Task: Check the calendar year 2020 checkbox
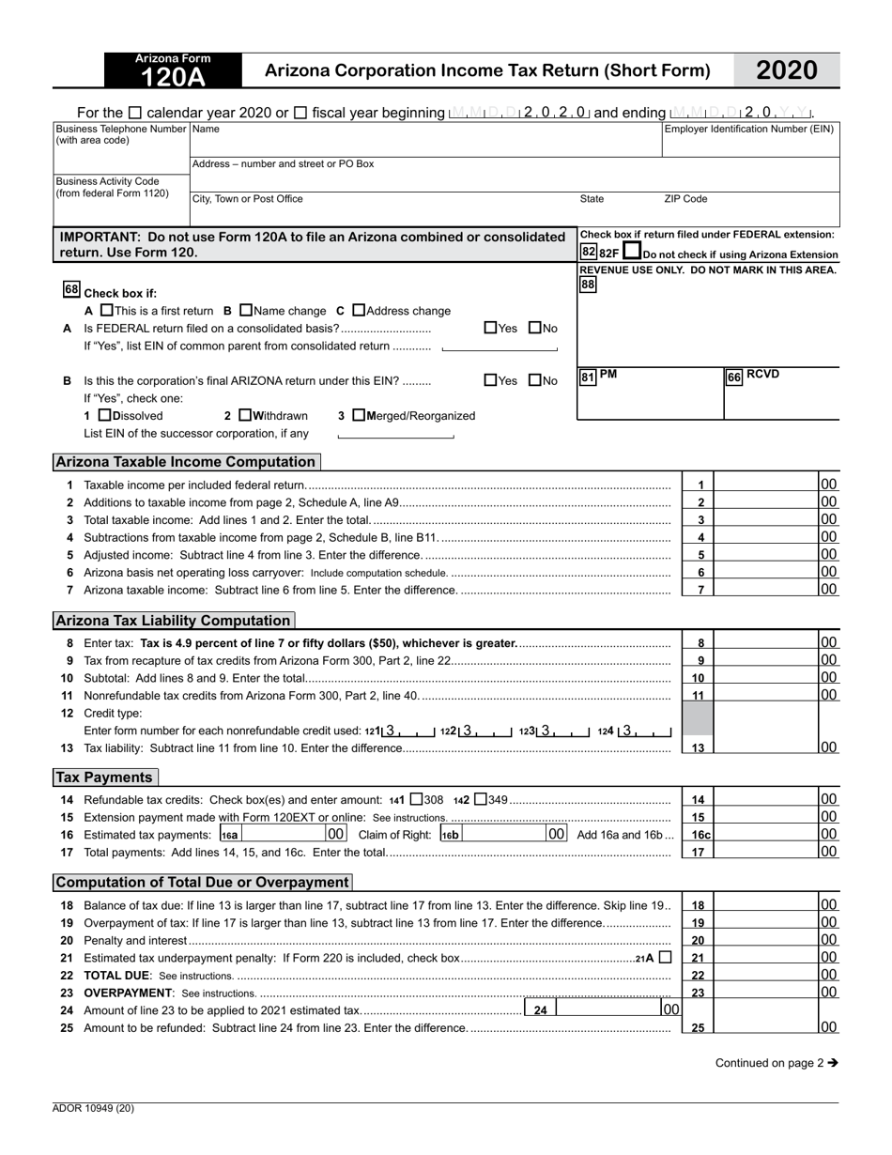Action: [134, 113]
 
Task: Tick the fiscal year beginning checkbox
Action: [300, 113]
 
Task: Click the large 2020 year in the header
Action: [786, 70]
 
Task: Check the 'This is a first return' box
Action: [106, 311]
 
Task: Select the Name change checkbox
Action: [246, 311]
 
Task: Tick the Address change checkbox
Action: [359, 311]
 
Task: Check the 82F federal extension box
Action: [633, 252]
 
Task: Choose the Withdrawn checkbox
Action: [245, 415]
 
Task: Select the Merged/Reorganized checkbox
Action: [358, 415]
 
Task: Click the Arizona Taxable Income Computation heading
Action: [186, 462]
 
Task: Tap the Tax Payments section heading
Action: [104, 778]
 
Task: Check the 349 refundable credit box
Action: [481, 800]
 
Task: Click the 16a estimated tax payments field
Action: [283, 834]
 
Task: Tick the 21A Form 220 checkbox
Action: [665, 958]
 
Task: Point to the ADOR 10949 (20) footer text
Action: [93, 1108]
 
